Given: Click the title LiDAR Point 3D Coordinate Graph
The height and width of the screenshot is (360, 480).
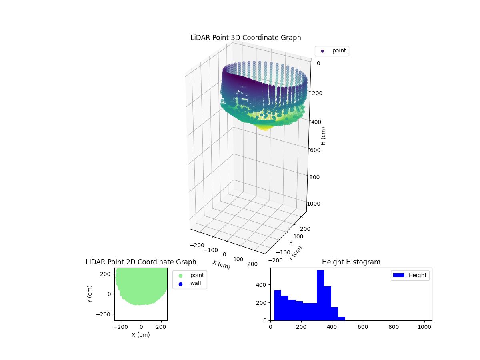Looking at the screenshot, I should pyautogui.click(x=246, y=38).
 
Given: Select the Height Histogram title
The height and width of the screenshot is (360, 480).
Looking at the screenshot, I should pyautogui.click(x=351, y=262).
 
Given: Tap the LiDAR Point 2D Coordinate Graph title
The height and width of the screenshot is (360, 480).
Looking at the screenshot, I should pyautogui.click(x=141, y=262).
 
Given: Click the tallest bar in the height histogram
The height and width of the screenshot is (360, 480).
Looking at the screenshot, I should pyautogui.click(x=320, y=295).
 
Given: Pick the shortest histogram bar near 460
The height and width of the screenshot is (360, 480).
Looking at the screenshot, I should pyautogui.click(x=342, y=318).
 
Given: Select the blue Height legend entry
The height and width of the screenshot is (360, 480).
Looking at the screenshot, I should pyautogui.click(x=410, y=275).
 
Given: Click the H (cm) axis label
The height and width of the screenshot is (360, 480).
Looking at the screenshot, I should pyautogui.click(x=323, y=136).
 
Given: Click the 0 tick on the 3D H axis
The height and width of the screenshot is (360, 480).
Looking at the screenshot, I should pyautogui.click(x=318, y=63).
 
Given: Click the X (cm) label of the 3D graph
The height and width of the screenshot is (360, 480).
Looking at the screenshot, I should pyautogui.click(x=221, y=265).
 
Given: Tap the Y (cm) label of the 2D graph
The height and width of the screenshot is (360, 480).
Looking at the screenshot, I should pyautogui.click(x=90, y=294).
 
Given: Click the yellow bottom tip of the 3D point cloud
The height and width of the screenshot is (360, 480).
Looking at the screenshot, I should pyautogui.click(x=264, y=128).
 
